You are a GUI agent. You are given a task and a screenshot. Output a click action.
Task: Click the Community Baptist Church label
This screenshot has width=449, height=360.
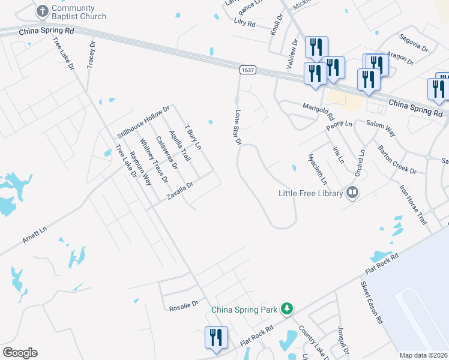click(x=79, y=12)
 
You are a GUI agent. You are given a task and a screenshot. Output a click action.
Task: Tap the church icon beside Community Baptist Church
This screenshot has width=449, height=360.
click(x=42, y=11)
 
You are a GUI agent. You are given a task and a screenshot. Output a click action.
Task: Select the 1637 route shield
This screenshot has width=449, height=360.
click(x=246, y=70)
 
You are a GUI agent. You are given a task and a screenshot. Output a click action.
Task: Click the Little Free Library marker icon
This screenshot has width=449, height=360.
click(x=352, y=193)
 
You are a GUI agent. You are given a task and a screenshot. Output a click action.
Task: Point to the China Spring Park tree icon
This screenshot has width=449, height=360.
click(x=287, y=309)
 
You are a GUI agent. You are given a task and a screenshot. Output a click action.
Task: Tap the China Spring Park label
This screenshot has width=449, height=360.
click(x=244, y=310)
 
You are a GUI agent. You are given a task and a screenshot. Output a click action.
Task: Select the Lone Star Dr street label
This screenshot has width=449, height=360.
click(x=238, y=127)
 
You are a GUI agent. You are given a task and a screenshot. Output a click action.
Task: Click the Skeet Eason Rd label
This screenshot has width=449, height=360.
click(x=372, y=302)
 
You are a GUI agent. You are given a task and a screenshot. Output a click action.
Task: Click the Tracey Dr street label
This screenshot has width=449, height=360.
click(x=92, y=55)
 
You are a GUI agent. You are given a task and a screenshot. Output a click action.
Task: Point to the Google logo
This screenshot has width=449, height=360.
click(x=20, y=353)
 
